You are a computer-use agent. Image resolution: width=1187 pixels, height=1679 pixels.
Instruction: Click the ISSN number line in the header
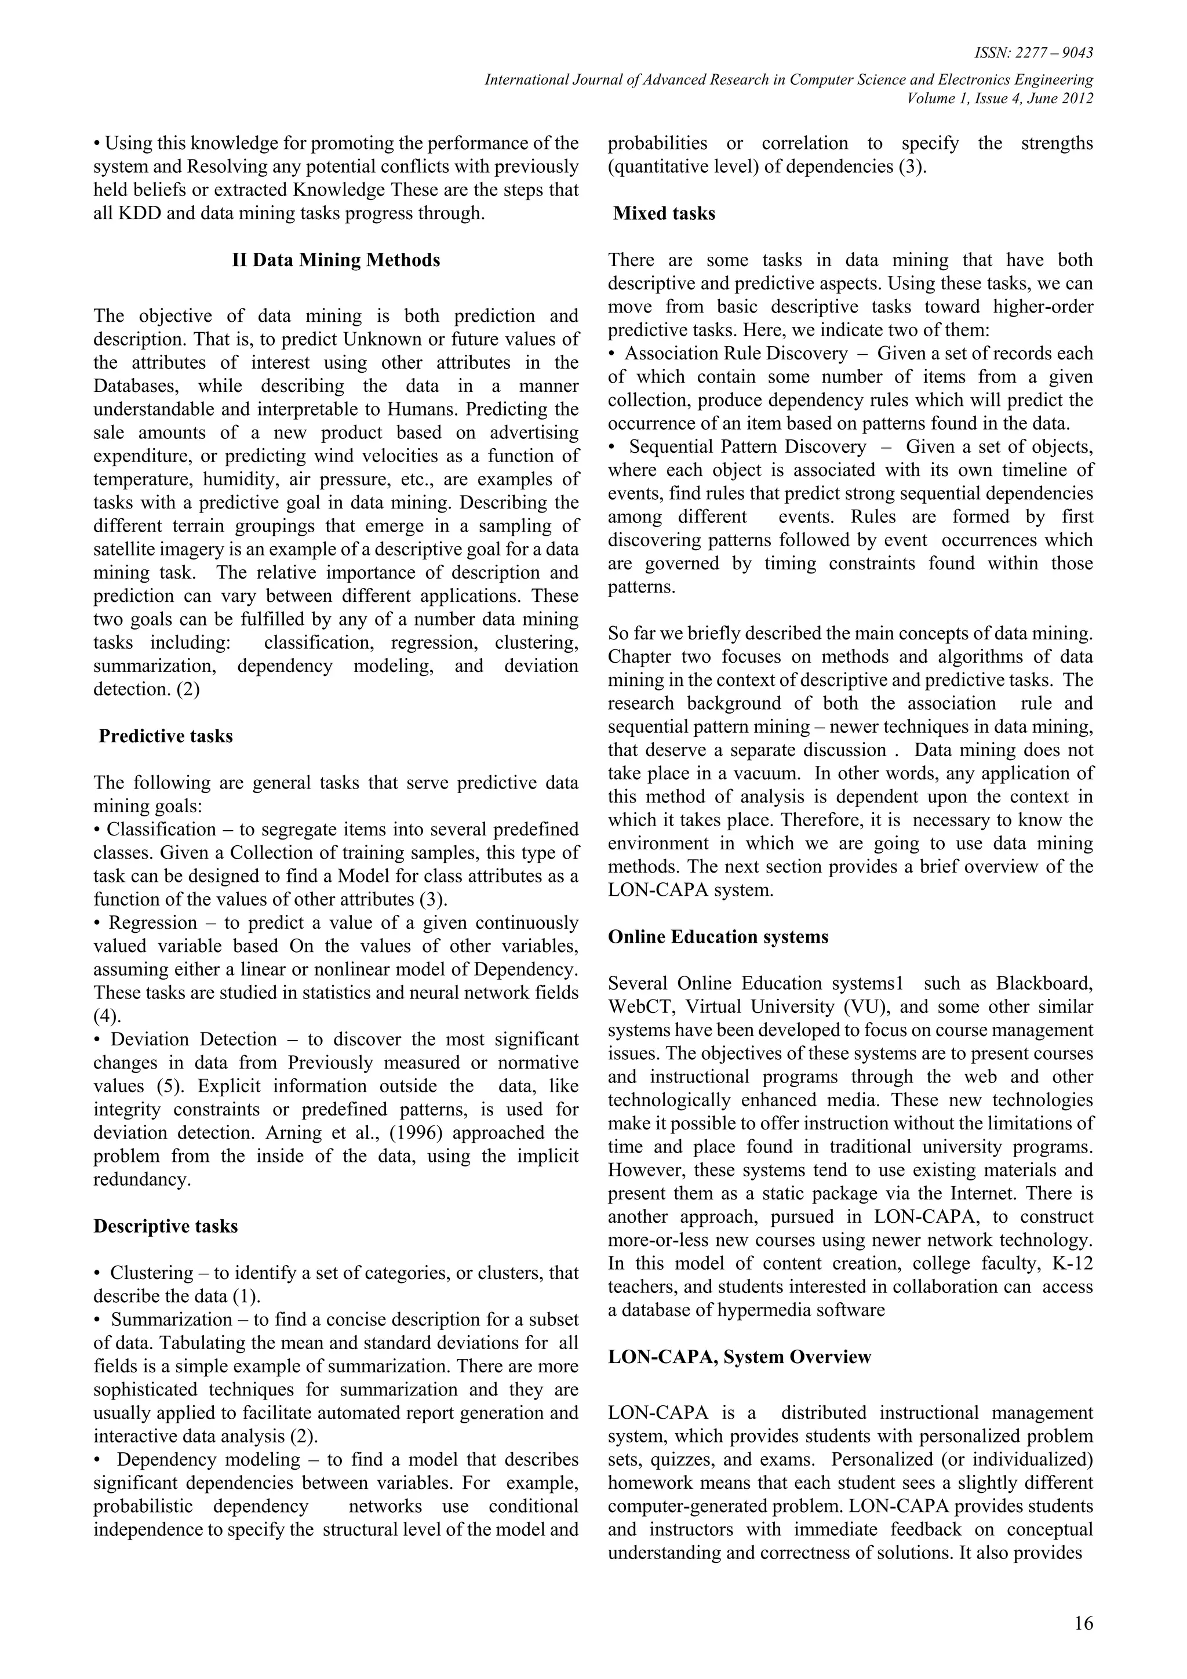click(1033, 53)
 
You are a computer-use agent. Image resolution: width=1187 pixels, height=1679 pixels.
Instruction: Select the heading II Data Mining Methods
click(336, 260)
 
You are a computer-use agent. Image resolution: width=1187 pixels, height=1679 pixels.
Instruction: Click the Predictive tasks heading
click(165, 736)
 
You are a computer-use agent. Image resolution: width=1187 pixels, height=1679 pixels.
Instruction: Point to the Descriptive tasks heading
click(165, 1226)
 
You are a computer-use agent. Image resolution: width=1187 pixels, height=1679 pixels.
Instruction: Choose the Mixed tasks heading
click(664, 213)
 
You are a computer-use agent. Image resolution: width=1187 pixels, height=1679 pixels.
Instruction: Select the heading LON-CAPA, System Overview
click(739, 1357)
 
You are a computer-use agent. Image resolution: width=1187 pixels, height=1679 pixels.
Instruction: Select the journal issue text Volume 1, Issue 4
click(967, 99)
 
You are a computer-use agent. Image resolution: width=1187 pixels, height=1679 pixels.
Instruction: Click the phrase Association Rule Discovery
click(735, 353)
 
